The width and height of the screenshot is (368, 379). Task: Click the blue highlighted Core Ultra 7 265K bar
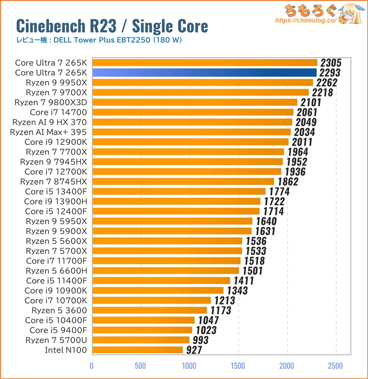tap(205, 73)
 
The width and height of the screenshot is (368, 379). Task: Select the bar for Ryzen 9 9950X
tap(202, 83)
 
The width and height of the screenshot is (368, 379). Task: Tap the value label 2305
tap(328, 63)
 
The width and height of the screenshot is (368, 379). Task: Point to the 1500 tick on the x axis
tap(238, 366)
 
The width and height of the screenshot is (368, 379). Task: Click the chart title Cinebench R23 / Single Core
tap(112, 26)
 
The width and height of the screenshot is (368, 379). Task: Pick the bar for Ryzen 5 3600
tap(149, 310)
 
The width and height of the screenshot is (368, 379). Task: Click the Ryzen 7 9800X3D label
tap(51, 102)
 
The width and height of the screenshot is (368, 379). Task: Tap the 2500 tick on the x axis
tap(336, 366)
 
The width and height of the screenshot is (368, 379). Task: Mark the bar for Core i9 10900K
tap(158, 290)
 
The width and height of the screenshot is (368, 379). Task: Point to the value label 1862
tap(288, 182)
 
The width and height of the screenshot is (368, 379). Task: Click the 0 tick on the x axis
tap(92, 366)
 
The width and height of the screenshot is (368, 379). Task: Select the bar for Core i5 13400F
tap(178, 191)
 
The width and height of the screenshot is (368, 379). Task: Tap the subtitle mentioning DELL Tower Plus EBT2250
tap(99, 40)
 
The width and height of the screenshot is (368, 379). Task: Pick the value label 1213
tap(224, 300)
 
